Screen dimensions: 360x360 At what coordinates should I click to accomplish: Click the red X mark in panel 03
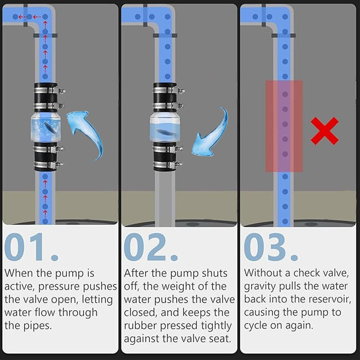(x=324, y=131)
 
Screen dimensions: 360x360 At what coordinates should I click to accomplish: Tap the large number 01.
(x=24, y=247)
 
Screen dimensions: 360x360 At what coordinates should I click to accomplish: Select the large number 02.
(x=145, y=247)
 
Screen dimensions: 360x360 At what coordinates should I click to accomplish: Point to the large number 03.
(x=265, y=247)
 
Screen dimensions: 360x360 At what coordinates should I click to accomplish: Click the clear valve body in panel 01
(x=45, y=127)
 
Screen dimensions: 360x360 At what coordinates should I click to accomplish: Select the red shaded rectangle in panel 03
(x=284, y=126)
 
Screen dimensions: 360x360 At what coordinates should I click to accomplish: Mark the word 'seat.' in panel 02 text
(x=219, y=339)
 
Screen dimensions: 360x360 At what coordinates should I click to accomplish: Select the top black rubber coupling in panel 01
(x=46, y=97)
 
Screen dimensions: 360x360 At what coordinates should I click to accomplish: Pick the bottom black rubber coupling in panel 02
(x=165, y=157)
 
